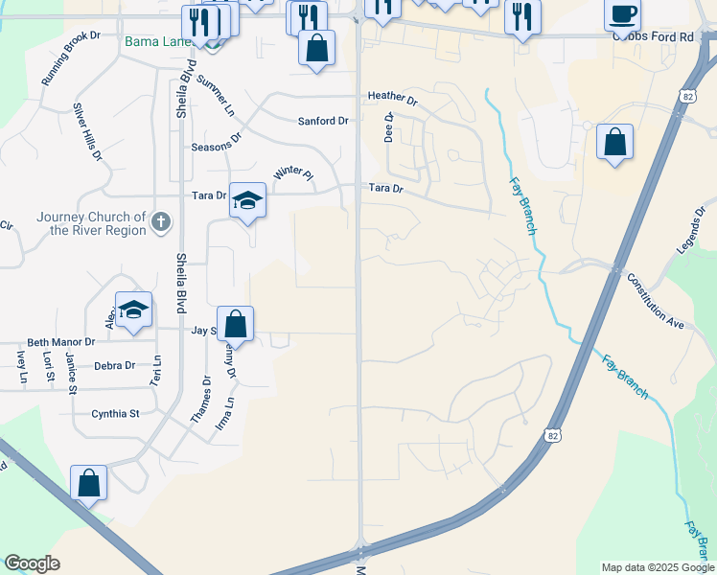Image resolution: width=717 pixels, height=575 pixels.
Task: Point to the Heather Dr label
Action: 393,98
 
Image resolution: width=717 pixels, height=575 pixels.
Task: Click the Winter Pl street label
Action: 293,172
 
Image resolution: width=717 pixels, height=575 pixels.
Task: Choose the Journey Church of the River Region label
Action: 92,223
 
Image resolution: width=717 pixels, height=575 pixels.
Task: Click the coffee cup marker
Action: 622,15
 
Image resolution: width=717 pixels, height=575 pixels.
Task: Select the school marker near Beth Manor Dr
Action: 133,310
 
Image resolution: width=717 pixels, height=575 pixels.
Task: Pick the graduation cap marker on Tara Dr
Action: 247,200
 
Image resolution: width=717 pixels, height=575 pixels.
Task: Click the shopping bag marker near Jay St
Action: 235,324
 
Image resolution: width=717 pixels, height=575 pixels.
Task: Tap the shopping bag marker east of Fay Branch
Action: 614,143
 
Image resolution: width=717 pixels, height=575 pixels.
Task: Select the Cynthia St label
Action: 115,414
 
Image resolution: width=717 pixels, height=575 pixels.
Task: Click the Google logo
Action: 32,563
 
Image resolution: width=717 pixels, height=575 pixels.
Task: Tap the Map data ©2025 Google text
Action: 658,567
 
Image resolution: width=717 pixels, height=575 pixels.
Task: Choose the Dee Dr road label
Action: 389,127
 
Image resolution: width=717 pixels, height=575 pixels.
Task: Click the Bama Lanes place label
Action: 156,42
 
